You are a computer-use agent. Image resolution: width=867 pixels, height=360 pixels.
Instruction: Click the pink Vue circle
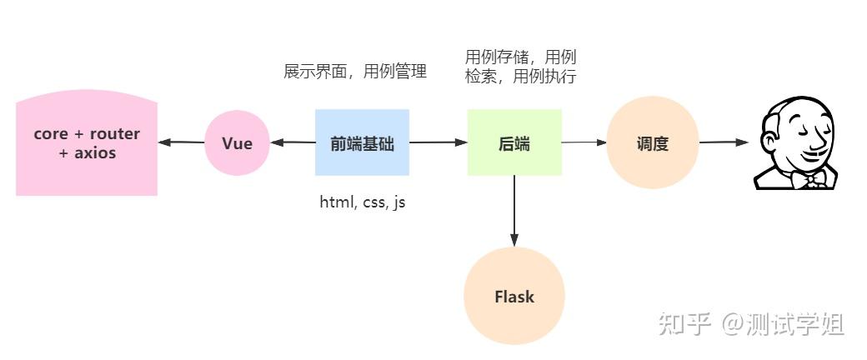pyautogui.click(x=238, y=143)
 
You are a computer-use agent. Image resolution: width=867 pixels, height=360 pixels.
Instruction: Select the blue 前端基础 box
pyautogui.click(x=362, y=142)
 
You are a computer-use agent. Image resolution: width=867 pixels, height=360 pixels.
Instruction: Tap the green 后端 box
pyautogui.click(x=514, y=142)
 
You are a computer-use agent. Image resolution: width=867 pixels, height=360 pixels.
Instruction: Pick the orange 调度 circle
pyautogui.click(x=653, y=142)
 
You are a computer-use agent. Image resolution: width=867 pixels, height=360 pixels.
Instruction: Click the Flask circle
pyautogui.click(x=514, y=297)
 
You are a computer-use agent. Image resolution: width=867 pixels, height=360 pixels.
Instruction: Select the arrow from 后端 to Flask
pyautogui.click(x=514, y=211)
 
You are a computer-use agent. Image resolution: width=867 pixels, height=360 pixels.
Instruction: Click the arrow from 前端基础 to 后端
pyautogui.click(x=439, y=142)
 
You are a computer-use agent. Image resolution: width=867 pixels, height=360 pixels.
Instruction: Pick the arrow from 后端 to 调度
pyautogui.click(x=584, y=142)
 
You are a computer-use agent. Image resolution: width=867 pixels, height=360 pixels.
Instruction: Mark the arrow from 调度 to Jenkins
pyautogui.click(x=724, y=142)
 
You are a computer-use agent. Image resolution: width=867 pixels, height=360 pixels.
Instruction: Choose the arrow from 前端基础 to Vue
pyautogui.click(x=293, y=142)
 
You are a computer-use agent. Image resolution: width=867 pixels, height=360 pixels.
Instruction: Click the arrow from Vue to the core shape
pyautogui.click(x=182, y=142)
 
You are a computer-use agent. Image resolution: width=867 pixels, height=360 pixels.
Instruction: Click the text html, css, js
pyautogui.click(x=362, y=202)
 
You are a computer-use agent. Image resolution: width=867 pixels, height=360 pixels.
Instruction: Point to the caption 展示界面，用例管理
pyautogui.click(x=355, y=72)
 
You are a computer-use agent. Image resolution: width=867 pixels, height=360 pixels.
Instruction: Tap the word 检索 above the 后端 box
pyautogui.click(x=480, y=77)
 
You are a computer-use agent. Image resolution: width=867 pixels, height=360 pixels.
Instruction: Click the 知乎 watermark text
pyautogui.click(x=684, y=324)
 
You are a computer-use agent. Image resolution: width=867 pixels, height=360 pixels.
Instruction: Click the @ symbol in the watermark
pyautogui.click(x=731, y=325)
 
